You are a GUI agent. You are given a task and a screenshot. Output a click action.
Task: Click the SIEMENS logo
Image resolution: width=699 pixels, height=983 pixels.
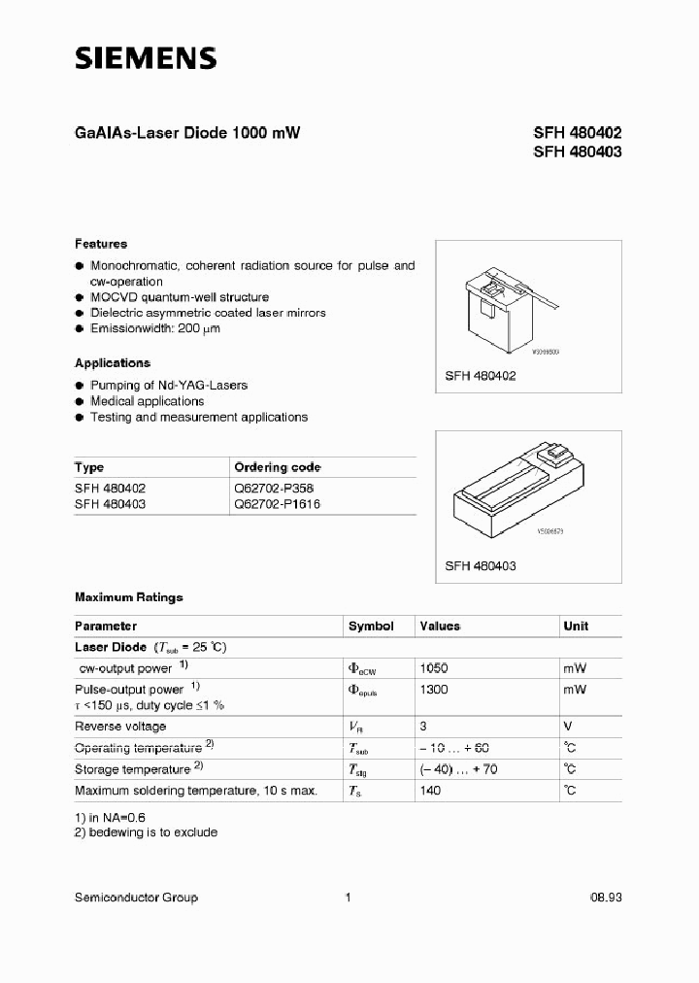coord(146,59)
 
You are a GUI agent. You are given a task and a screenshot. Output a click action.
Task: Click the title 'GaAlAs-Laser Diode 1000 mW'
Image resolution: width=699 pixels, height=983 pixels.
coord(187,134)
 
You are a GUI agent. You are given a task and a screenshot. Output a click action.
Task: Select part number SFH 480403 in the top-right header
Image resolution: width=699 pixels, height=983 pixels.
coord(577,152)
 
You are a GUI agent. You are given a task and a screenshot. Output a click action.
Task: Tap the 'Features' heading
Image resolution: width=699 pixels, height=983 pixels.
coord(101,244)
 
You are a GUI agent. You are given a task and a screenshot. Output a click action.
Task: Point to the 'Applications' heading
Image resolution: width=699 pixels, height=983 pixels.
coord(113,362)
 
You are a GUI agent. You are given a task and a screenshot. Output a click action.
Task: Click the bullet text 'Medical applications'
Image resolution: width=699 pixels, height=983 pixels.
coord(147,401)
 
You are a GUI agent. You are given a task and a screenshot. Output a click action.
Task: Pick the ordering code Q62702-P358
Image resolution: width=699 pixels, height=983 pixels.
coord(274,488)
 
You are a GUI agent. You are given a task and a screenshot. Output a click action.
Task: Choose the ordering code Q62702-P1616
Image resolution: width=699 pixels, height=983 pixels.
coord(278,504)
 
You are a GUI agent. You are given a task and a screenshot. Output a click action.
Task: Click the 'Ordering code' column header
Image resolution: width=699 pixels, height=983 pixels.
coord(278,467)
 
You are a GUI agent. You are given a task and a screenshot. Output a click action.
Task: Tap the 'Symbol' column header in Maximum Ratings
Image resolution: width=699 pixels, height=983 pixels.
coord(371,627)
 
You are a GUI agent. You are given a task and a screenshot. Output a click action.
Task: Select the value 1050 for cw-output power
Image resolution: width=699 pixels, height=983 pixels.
coord(433,668)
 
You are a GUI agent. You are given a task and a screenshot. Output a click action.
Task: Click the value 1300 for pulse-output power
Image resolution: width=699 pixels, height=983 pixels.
coord(433,689)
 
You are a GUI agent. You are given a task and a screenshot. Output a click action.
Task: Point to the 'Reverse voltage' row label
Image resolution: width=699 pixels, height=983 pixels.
coord(120,727)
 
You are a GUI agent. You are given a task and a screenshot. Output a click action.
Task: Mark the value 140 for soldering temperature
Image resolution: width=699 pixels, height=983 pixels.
coord(429,791)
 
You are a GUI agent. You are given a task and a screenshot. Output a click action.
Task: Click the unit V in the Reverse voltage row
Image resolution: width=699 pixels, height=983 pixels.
coord(567,727)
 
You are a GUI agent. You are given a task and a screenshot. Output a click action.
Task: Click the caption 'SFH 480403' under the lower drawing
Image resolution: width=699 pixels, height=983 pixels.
coord(480,565)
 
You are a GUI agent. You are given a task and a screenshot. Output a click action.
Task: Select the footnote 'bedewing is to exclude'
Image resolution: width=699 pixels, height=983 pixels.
coord(152,832)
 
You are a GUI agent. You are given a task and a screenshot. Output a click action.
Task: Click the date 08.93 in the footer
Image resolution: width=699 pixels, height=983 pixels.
coord(605,898)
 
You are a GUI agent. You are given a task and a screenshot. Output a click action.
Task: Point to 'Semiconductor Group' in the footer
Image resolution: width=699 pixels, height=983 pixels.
coord(136,898)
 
